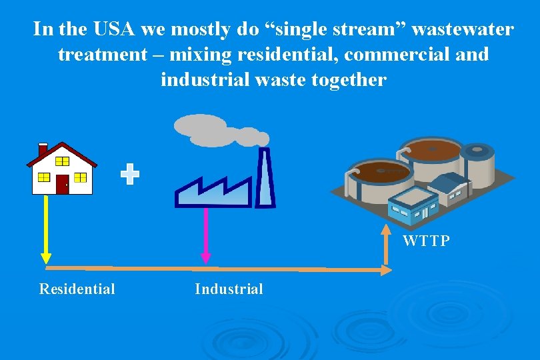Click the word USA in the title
pos(109,29)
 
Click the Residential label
pos(77,289)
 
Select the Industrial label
pos(229,289)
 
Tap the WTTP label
pos(426,241)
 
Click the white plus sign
pos(130,175)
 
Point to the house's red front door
pos(62,184)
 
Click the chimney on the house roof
pos(43,150)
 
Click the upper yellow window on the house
pos(62,161)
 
